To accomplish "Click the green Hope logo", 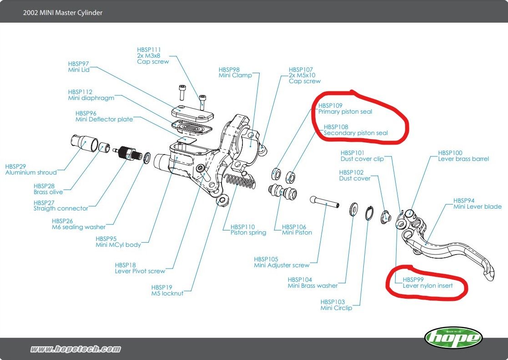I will [453, 338].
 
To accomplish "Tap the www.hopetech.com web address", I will [75, 349].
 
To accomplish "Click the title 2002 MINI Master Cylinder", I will [63, 13].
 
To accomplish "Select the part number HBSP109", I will [330, 105].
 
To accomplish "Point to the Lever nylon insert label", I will [428, 285].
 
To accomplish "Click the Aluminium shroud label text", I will [31, 172].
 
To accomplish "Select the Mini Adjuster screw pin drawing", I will [325, 202].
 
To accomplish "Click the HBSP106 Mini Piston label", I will [297, 230].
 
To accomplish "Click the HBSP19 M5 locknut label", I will [167, 290].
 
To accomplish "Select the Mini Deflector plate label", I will [104, 119].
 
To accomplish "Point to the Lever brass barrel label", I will [463, 159].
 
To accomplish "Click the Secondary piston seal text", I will [356, 133].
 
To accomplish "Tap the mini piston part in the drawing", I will [281, 192].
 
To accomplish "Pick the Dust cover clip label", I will [362, 159].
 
